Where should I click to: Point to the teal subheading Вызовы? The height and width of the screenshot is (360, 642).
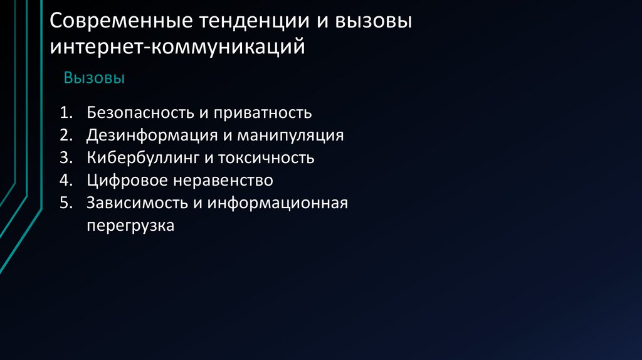point(94,78)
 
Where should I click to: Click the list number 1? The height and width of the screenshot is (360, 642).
point(66,113)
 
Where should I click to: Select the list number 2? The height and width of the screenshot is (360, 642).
point(66,135)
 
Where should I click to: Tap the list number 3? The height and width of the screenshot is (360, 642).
point(66,158)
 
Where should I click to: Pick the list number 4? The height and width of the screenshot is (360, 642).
point(66,181)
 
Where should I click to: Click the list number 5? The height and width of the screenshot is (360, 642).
point(66,203)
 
